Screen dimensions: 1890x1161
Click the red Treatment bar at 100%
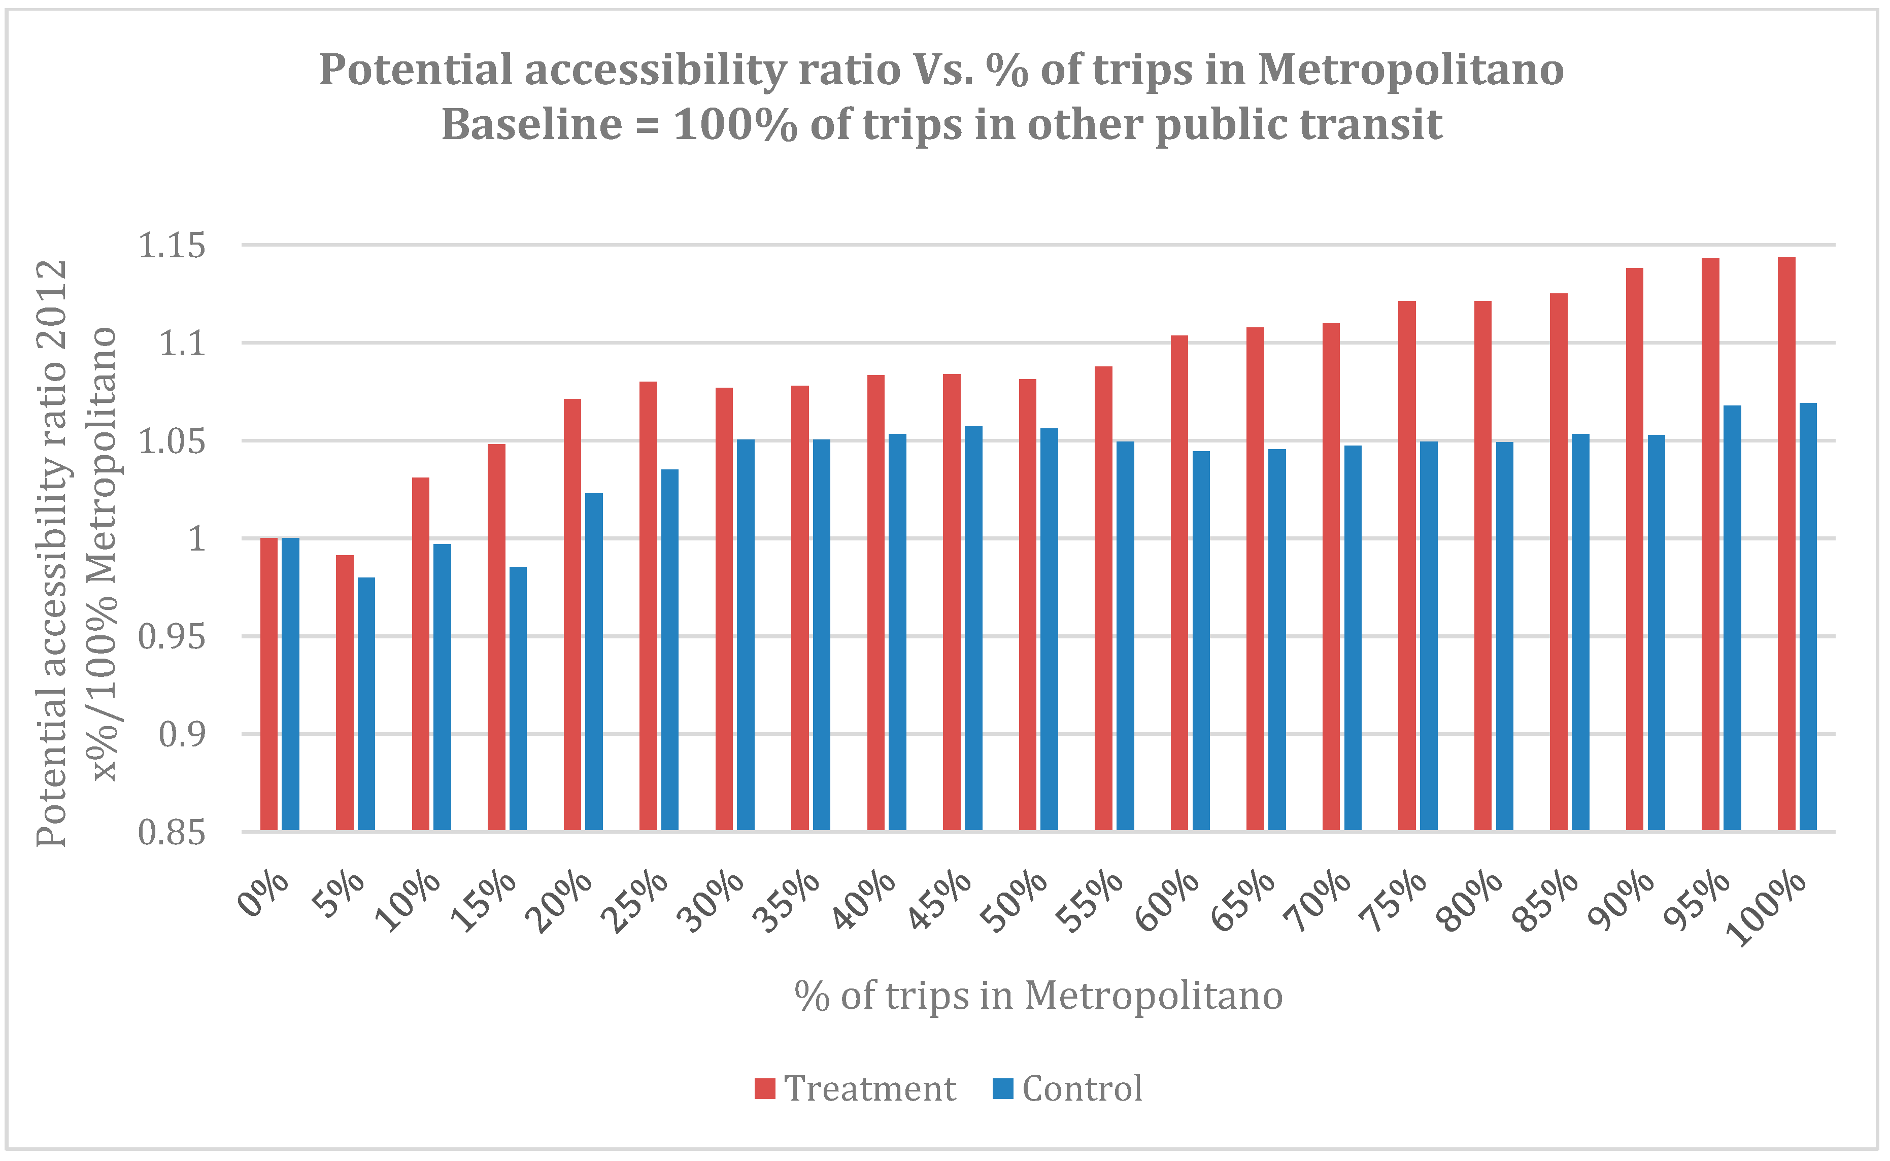point(1786,543)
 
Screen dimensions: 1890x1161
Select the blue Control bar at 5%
point(366,704)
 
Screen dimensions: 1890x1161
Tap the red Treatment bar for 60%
point(1179,583)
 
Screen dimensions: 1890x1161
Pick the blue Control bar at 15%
point(518,699)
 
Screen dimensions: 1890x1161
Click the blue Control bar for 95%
point(1733,618)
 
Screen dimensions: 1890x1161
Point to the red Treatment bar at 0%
point(269,684)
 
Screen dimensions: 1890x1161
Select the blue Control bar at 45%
point(974,628)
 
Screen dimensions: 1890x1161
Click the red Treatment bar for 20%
point(572,614)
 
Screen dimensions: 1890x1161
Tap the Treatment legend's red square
point(765,1089)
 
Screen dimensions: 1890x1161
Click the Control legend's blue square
point(1003,1089)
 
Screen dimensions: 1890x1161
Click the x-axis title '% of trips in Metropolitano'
point(1038,997)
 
